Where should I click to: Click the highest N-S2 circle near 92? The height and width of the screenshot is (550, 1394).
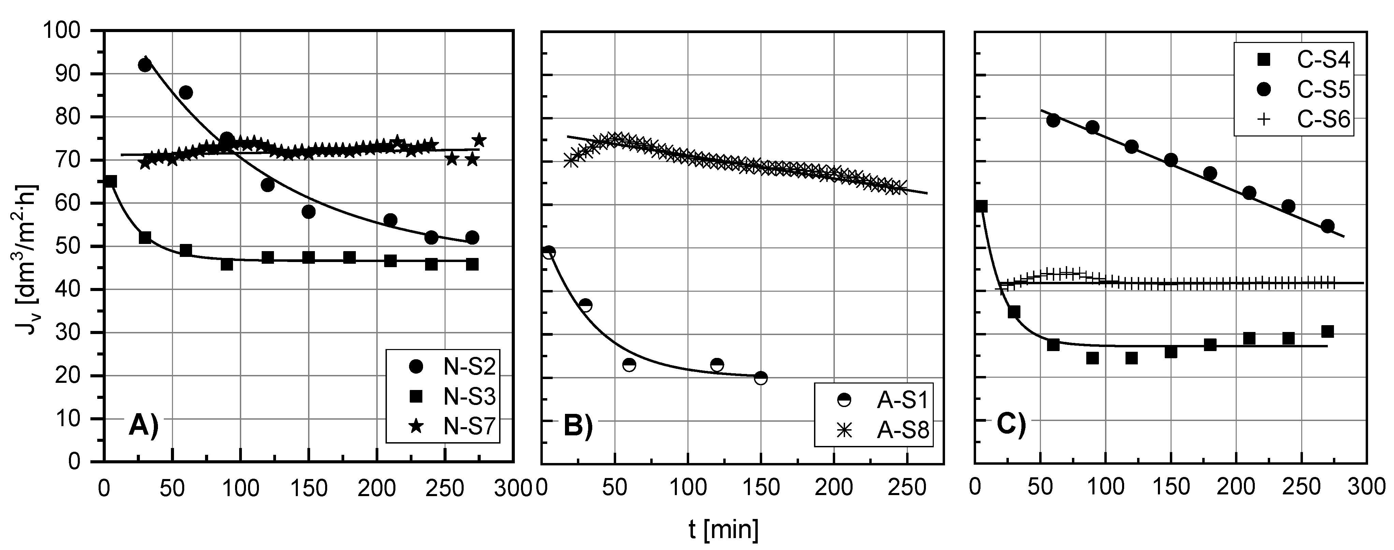coord(145,65)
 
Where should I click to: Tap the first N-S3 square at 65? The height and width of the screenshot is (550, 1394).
coord(111,182)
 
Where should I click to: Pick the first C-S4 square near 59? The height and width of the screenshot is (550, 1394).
coord(981,206)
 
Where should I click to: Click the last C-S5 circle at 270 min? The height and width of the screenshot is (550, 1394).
coord(1327,226)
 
